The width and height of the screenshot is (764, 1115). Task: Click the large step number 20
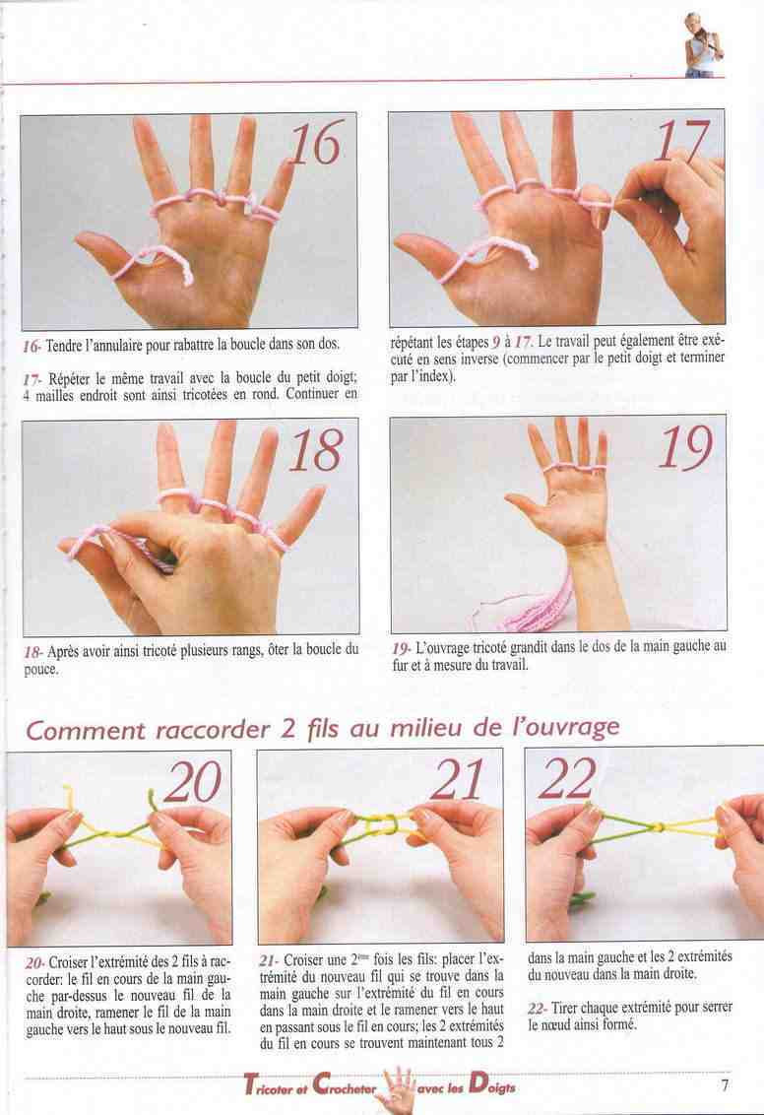193,781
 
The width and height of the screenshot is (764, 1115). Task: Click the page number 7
725,1085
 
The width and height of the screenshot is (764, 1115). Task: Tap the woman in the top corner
702,44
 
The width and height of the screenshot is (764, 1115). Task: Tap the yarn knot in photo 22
659,827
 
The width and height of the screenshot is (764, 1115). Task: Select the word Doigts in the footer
492,1084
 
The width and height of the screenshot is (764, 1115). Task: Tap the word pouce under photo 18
41,669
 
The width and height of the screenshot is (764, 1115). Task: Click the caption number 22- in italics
538,1008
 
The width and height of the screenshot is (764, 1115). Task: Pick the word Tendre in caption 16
64,346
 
